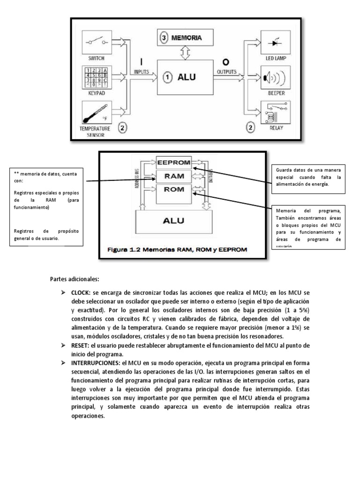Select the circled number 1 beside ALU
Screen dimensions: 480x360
tap(167, 78)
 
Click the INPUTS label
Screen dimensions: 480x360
tap(142, 72)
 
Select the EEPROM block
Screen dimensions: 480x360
tap(173, 163)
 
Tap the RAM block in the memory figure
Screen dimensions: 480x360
tap(173, 176)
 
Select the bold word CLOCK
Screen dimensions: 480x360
tap(81, 292)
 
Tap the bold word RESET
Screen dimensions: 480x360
tap(81, 345)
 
